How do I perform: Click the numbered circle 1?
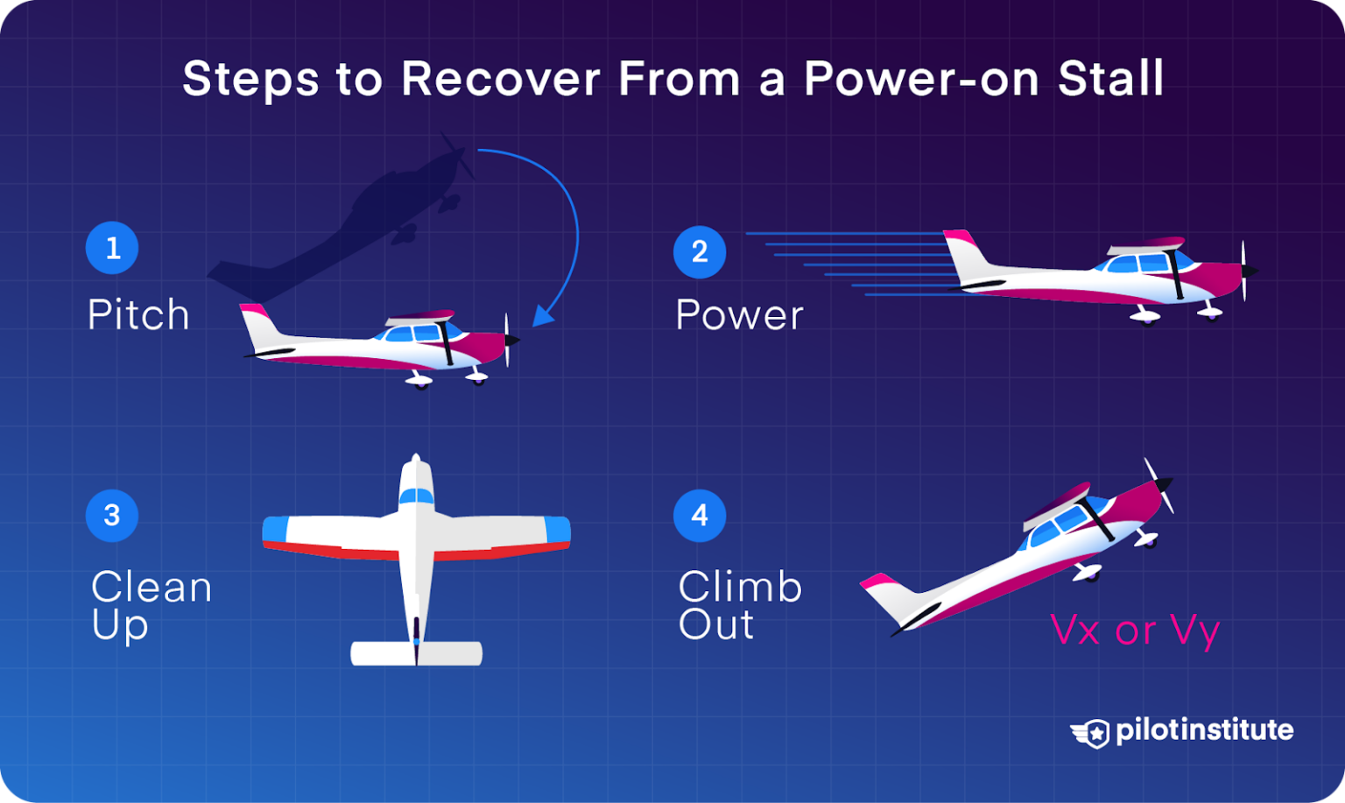112,248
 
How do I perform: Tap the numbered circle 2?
700,252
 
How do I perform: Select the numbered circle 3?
112,515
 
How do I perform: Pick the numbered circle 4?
700,515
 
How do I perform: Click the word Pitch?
138,314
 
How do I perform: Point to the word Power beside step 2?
739,315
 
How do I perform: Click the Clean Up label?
151,605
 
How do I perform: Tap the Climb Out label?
739,605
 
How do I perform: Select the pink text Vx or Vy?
1134,630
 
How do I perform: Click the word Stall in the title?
1110,79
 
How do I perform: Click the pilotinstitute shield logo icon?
1091,732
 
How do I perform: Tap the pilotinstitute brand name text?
1204,730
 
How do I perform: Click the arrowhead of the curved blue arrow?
543,315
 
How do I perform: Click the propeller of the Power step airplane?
1244,271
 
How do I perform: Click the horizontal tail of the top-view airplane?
416,653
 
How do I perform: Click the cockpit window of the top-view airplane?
416,497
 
